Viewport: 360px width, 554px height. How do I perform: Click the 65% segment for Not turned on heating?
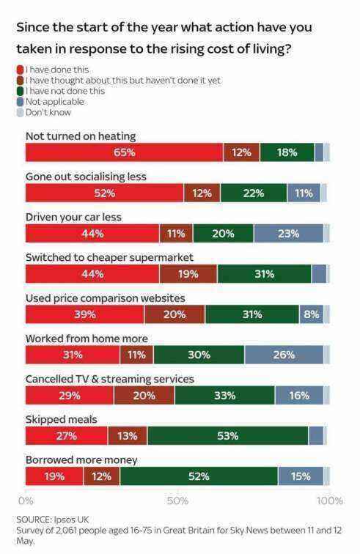point(124,152)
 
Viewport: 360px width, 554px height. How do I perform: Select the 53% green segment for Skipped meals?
point(228,436)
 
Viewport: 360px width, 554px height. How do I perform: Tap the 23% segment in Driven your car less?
point(288,234)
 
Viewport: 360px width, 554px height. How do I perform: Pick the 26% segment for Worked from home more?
point(284,355)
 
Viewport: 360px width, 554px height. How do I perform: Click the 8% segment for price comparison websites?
point(311,314)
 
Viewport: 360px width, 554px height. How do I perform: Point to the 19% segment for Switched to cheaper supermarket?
point(188,274)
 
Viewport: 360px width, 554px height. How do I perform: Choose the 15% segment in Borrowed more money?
point(301,476)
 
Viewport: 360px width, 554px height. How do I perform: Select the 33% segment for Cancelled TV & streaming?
point(224,396)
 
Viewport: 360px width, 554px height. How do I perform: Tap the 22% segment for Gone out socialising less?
point(254,193)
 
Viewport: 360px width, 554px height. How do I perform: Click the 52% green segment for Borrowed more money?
point(199,476)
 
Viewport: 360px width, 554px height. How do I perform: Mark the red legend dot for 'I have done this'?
point(20,70)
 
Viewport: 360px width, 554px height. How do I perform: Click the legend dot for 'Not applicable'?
point(20,102)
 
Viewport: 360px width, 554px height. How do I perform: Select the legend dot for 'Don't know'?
point(20,112)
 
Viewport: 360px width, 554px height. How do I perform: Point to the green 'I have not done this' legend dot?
point(20,91)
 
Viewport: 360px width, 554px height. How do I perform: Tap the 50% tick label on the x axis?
point(177,501)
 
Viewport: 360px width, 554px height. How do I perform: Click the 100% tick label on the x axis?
point(330,501)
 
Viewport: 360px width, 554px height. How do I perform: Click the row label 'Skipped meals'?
point(61,419)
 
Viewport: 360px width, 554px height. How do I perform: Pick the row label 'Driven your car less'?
point(73,217)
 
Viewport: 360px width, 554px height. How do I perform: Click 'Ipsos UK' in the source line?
point(71,520)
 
